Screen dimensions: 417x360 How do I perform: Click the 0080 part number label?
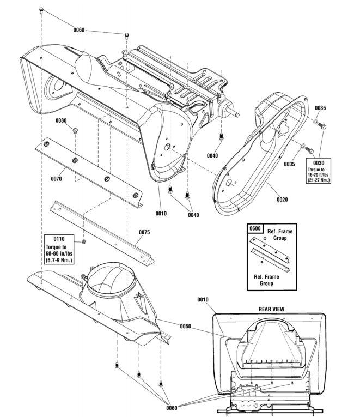click(61, 120)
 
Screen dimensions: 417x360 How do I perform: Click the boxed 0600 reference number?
click(255, 229)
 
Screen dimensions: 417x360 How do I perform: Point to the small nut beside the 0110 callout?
click(83, 241)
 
